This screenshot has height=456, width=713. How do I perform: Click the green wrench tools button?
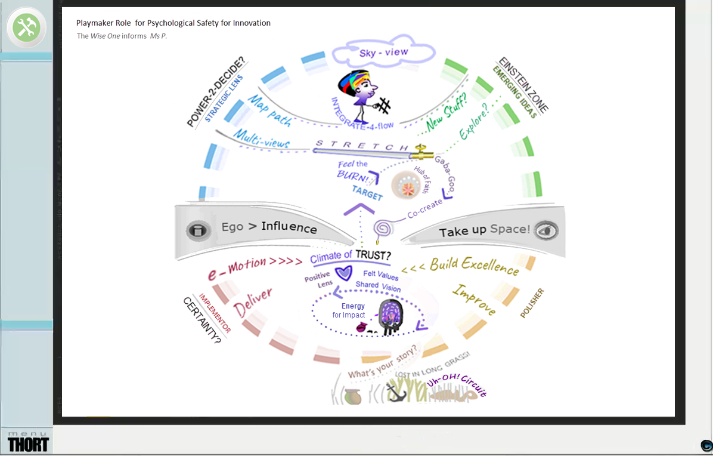26,27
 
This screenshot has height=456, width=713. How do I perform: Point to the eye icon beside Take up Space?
543,230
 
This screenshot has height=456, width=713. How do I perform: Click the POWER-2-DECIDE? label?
216,93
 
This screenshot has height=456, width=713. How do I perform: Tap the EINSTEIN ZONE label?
523,85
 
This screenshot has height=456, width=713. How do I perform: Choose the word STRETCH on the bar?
361,145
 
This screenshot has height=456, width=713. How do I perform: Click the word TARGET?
367,193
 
